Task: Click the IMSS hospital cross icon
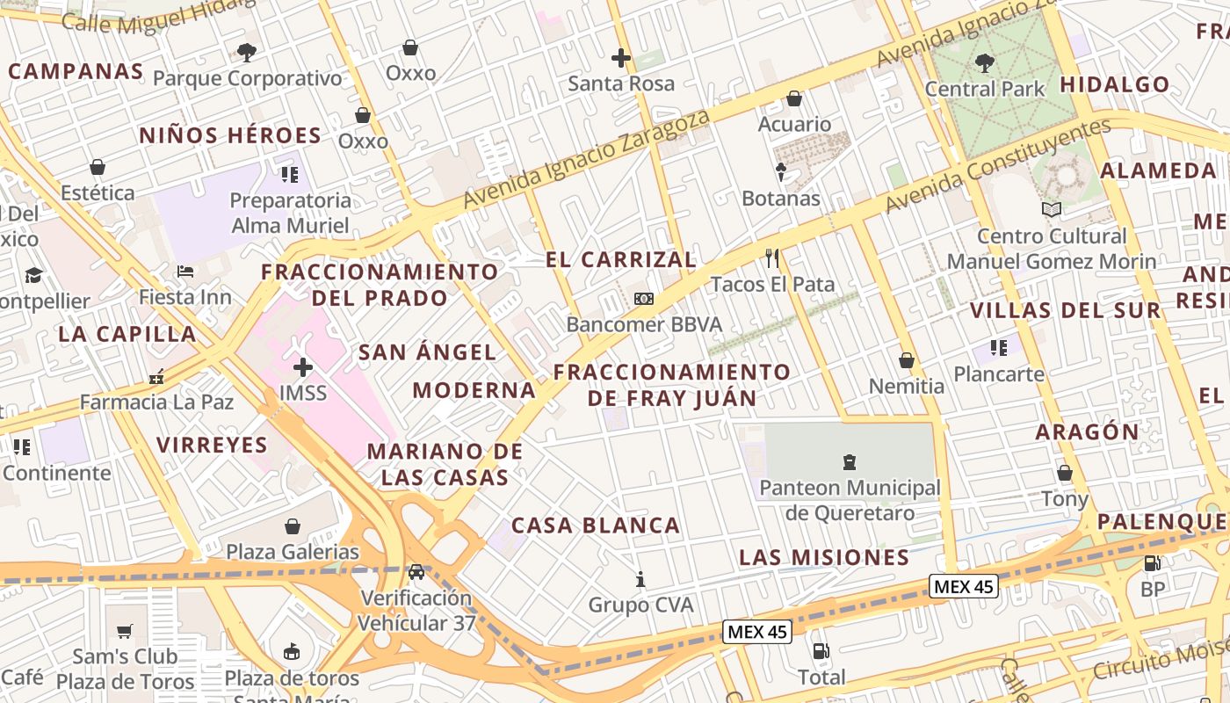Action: pyautogui.click(x=303, y=366)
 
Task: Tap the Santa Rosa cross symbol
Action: pyautogui.click(x=621, y=59)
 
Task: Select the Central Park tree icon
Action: pyautogui.click(x=984, y=63)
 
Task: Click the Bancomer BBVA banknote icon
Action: pyautogui.click(x=644, y=299)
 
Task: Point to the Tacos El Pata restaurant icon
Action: pyautogui.click(x=772, y=258)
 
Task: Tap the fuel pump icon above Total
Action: pyautogui.click(x=821, y=651)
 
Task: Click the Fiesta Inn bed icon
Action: pyautogui.click(x=184, y=271)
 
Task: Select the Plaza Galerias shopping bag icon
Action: pyautogui.click(x=293, y=526)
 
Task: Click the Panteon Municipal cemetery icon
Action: pyautogui.click(x=849, y=461)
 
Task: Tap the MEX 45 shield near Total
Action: pyautogui.click(x=757, y=631)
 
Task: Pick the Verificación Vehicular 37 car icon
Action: pyautogui.click(x=416, y=571)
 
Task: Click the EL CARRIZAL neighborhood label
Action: pyautogui.click(x=621, y=260)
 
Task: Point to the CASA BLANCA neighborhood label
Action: pyautogui.click(x=596, y=525)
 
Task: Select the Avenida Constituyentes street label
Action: pyautogui.click(x=998, y=166)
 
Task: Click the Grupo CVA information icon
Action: pyautogui.click(x=640, y=579)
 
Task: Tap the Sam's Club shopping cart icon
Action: pyautogui.click(x=125, y=631)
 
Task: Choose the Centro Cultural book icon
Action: pyautogui.click(x=1051, y=209)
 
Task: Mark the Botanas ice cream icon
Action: pyautogui.click(x=780, y=172)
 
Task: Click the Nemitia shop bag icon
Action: pyautogui.click(x=907, y=360)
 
